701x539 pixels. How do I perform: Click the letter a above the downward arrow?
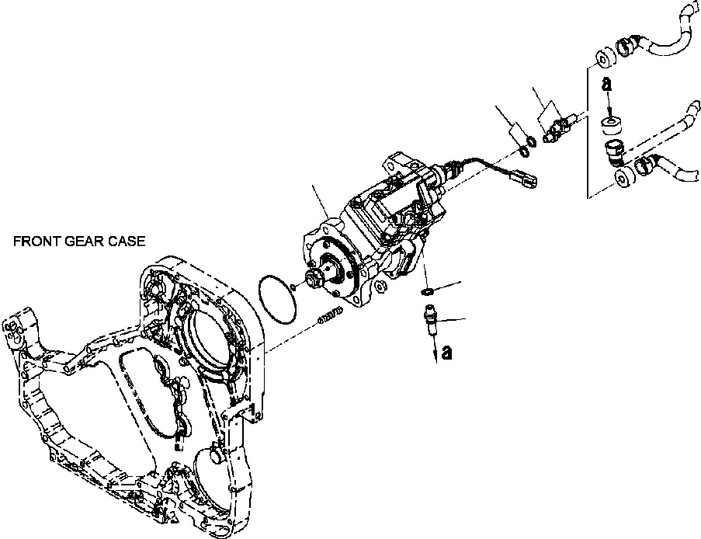[x=609, y=82]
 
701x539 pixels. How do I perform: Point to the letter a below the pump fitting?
[x=446, y=353]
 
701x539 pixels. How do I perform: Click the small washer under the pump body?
[x=426, y=291]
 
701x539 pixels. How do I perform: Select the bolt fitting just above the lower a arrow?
[x=429, y=317]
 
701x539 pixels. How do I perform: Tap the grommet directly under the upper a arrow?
[x=612, y=122]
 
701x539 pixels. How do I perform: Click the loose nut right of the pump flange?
[x=380, y=287]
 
